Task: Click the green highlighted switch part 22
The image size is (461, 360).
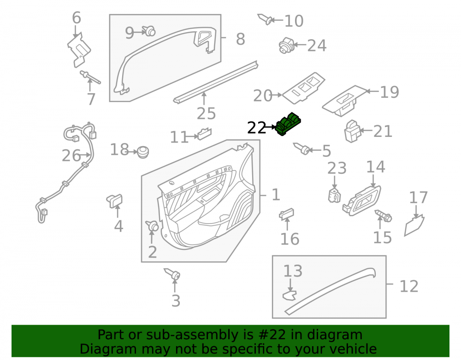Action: point(288,124)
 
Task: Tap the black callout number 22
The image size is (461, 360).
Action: point(256,128)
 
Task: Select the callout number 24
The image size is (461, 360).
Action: point(317,46)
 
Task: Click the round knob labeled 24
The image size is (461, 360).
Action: point(286,45)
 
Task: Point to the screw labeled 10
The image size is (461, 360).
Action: point(265,19)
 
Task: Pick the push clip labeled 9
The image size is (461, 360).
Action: point(149,30)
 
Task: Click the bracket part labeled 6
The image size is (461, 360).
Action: point(78,49)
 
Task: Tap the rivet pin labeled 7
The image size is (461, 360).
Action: point(90,77)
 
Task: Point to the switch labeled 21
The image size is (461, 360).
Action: point(352,131)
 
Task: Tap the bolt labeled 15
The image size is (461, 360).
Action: point(383,216)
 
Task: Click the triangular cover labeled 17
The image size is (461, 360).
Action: point(414,225)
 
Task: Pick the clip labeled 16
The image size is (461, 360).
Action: point(286,214)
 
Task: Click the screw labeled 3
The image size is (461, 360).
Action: point(172,274)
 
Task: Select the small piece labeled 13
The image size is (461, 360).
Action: point(290,295)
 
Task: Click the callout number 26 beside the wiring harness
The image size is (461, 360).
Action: point(71,155)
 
